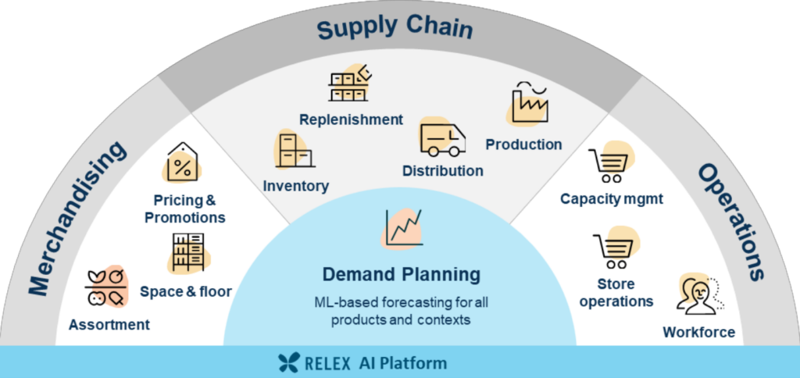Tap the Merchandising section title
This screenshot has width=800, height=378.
tap(78, 219)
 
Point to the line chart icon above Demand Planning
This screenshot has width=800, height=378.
tap(403, 228)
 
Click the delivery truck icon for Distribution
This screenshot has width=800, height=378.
tap(442, 139)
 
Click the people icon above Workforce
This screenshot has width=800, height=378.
tap(698, 295)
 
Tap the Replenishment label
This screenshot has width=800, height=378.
tap(351, 119)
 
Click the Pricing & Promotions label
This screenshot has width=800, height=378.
tap(185, 209)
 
